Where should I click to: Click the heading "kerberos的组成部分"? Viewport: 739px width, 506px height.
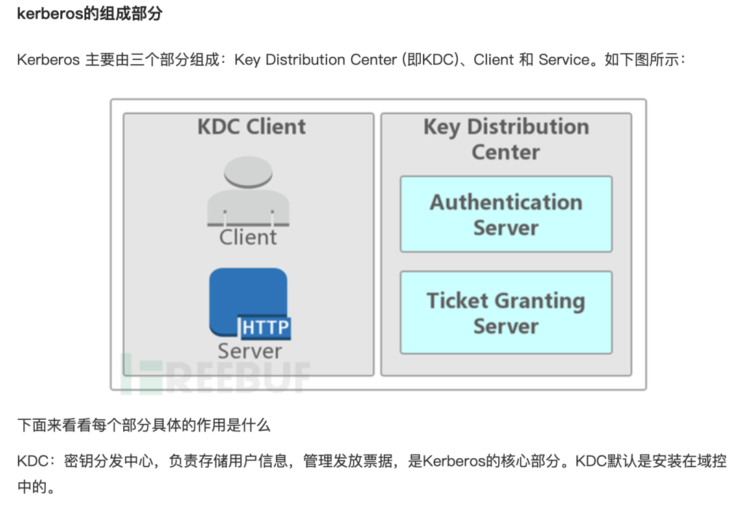pos(89,14)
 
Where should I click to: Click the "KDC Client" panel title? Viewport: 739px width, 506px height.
pos(251,127)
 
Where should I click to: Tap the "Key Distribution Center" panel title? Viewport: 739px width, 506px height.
pos(506,139)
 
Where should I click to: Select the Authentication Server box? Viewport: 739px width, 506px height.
pos(506,215)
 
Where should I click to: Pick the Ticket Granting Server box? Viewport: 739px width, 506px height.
pos(506,312)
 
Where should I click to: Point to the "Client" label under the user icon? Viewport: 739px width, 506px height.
pos(248,237)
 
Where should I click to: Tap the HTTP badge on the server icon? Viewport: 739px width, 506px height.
pos(265,328)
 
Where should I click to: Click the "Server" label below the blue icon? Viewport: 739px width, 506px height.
pos(250,351)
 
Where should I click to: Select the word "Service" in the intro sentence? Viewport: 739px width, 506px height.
pos(564,60)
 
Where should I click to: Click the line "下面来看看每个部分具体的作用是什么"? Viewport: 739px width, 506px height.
pos(144,425)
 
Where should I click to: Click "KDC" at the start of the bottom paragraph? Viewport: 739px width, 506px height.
pos(31,461)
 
